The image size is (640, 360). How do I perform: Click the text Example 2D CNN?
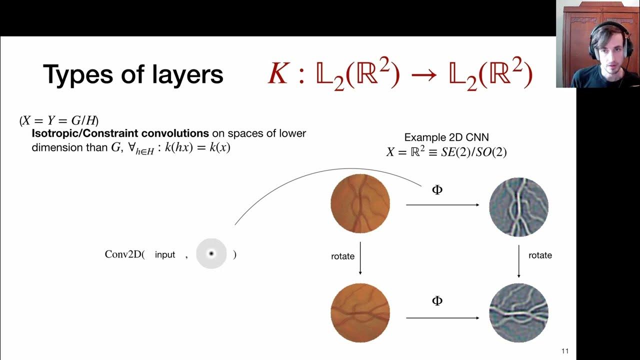point(446,137)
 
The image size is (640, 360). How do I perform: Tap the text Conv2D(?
point(125,254)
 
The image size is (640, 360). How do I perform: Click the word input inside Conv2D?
point(165,255)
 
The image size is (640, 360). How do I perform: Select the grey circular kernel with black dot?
point(211,253)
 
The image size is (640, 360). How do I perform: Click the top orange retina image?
point(360,204)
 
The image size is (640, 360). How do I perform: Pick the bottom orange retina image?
point(360,313)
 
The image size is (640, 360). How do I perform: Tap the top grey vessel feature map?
point(518,206)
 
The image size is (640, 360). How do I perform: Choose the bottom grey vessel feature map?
point(518,313)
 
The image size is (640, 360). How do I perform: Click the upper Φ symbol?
point(437,190)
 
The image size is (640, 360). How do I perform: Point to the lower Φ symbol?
point(437,301)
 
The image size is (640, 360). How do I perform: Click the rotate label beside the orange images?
point(343,256)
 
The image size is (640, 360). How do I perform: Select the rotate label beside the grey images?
point(540,255)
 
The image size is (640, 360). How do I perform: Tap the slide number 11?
point(565,351)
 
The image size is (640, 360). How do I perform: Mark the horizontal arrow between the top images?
point(442,205)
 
